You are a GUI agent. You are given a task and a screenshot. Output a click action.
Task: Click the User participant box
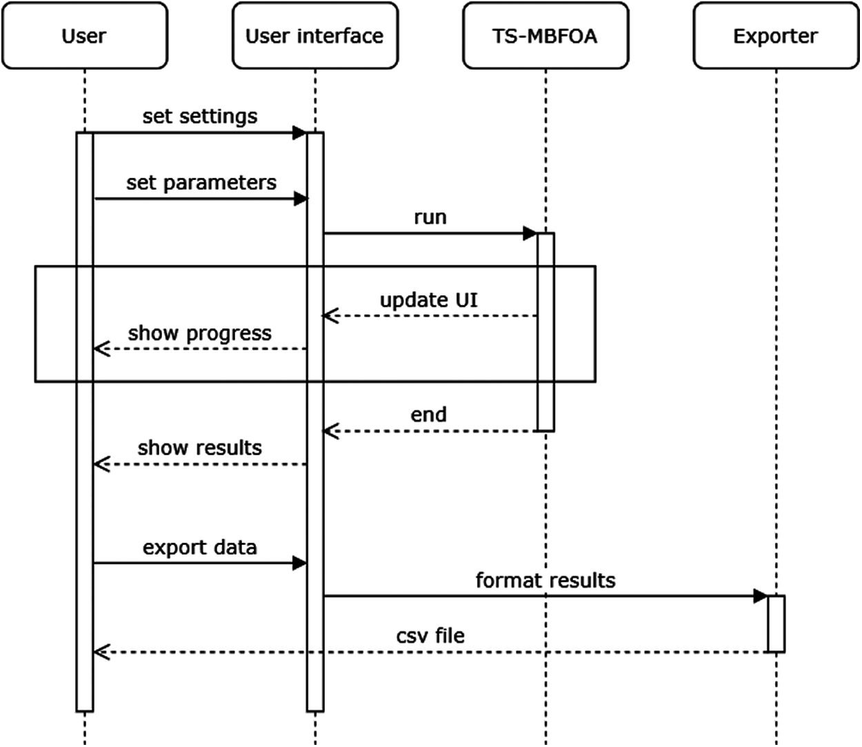click(x=84, y=36)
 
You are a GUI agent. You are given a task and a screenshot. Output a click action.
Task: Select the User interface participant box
click(x=314, y=36)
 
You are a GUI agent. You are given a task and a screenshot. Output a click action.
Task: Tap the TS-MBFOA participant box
click(x=545, y=36)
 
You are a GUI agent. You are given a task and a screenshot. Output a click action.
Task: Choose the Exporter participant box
click(x=775, y=36)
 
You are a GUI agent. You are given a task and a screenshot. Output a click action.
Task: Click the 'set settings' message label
click(x=200, y=116)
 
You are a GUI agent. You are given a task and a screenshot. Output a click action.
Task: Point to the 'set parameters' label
click(x=201, y=183)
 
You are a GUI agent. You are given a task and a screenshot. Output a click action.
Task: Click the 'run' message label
click(x=430, y=217)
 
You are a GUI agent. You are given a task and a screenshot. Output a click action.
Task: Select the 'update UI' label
click(x=428, y=300)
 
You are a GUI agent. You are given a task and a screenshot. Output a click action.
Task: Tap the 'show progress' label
click(x=200, y=333)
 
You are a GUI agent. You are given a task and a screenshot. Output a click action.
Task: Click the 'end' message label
click(x=428, y=415)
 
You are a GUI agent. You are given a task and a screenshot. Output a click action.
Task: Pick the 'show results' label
click(x=200, y=448)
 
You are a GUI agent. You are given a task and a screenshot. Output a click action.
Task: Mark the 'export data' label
click(x=200, y=548)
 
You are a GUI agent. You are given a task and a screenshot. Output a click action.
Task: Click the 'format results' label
click(x=545, y=580)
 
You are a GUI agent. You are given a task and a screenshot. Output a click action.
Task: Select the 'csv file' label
click(x=430, y=635)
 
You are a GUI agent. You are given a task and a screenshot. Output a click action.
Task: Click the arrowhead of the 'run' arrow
click(x=530, y=233)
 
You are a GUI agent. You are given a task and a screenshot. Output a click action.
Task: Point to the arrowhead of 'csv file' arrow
click(x=101, y=652)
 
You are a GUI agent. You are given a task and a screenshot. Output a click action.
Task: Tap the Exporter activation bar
click(x=776, y=624)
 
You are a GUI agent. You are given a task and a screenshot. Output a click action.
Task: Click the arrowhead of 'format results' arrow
click(x=761, y=596)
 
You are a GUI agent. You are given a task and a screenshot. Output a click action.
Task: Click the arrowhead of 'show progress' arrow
click(x=101, y=349)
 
